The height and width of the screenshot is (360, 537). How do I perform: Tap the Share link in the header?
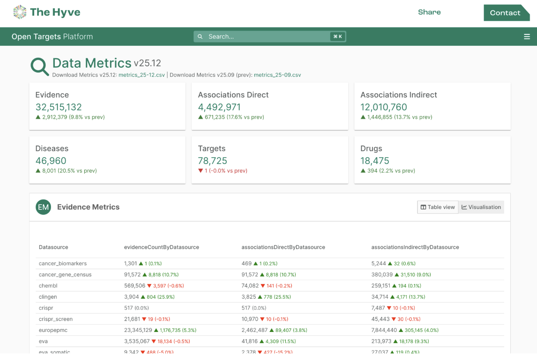point(429,12)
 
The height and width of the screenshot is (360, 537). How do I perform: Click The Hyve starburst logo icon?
point(20,12)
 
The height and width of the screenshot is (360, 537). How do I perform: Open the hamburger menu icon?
point(527,37)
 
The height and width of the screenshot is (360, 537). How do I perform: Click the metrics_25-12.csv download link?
point(142,75)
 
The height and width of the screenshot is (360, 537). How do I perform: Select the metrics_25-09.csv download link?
point(278,75)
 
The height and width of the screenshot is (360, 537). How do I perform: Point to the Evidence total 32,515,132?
point(59,107)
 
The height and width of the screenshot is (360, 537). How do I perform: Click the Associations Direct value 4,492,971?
point(219,107)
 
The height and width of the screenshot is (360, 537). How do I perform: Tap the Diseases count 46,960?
point(51,161)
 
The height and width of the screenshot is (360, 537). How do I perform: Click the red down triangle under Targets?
point(200,171)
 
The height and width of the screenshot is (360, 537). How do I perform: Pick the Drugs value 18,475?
point(375,161)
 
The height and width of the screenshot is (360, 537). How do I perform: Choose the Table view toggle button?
point(438,207)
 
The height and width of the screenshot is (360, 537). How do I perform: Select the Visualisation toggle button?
point(481,207)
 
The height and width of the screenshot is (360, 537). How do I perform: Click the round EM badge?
point(44,207)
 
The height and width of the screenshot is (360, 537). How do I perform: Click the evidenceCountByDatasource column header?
point(161,247)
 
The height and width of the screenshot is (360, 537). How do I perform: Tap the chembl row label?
point(48,286)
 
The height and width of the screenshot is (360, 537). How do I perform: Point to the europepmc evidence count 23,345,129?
point(138,330)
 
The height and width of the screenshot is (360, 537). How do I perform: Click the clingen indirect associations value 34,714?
point(380,297)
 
